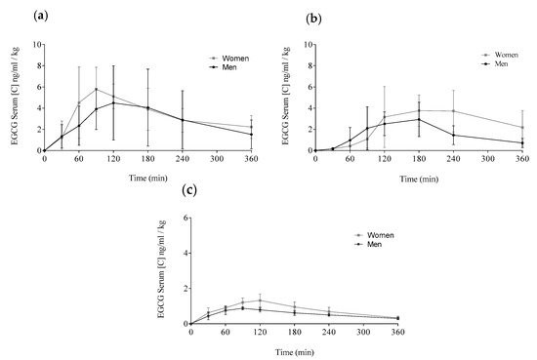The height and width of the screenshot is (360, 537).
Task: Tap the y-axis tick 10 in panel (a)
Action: point(36,45)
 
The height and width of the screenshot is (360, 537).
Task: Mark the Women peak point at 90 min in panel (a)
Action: point(96,89)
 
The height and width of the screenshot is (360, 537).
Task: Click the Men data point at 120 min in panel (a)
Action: point(113,103)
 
